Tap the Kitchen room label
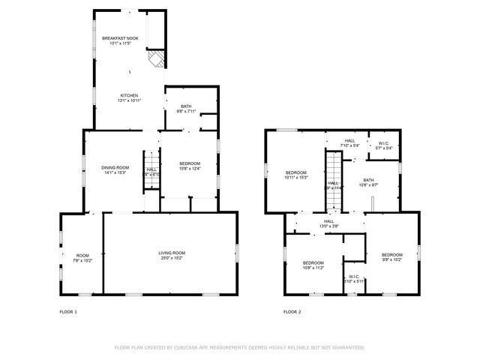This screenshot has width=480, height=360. click(130, 97)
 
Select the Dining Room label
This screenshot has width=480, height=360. click(115, 169)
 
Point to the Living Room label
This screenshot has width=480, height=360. click(171, 255)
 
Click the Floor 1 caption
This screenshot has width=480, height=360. click(68, 311)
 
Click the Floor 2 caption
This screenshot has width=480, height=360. click(292, 311)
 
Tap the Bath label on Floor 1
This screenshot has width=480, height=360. click(185, 109)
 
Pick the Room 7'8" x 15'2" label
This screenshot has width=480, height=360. click(82, 258)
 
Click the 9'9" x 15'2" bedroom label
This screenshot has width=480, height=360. click(391, 257)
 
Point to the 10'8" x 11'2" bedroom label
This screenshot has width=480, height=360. click(313, 265)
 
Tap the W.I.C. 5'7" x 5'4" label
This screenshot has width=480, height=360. click(383, 145)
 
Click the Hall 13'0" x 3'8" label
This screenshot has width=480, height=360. click(328, 223)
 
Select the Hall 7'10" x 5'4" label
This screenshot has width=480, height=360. click(350, 142)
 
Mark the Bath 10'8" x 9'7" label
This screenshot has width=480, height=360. click(368, 182)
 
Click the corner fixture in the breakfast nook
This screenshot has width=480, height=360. click(156, 60)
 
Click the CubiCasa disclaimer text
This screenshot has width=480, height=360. click(239, 347)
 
